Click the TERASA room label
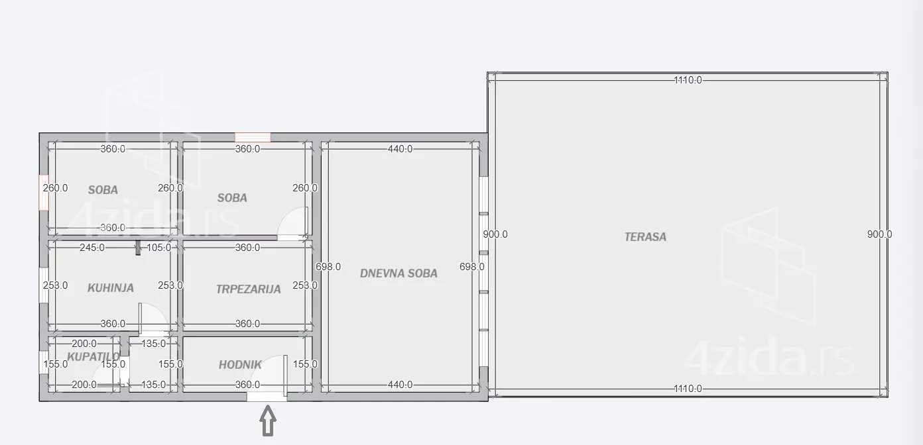pyautogui.click(x=645, y=237)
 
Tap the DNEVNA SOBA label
pyautogui.click(x=399, y=273)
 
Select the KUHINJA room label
pyautogui.click(x=111, y=288)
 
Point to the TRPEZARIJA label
pyautogui.click(x=249, y=289)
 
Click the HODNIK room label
pyautogui.click(x=240, y=365)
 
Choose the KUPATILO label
pyautogui.click(x=93, y=356)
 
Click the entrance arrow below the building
pyautogui.click(x=268, y=420)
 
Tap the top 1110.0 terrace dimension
pyautogui.click(x=688, y=80)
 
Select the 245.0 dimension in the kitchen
pyautogui.click(x=92, y=248)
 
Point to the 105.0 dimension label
pyautogui.click(x=158, y=248)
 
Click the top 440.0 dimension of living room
pyautogui.click(x=400, y=149)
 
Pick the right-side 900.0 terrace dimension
pyautogui.click(x=879, y=234)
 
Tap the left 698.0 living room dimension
pyautogui.click(x=328, y=267)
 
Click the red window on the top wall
pyautogui.click(x=253, y=138)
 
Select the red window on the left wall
pyautogui.click(x=44, y=193)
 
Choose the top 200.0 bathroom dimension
pyautogui.click(x=84, y=343)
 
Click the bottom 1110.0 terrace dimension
pyautogui.click(x=688, y=389)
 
